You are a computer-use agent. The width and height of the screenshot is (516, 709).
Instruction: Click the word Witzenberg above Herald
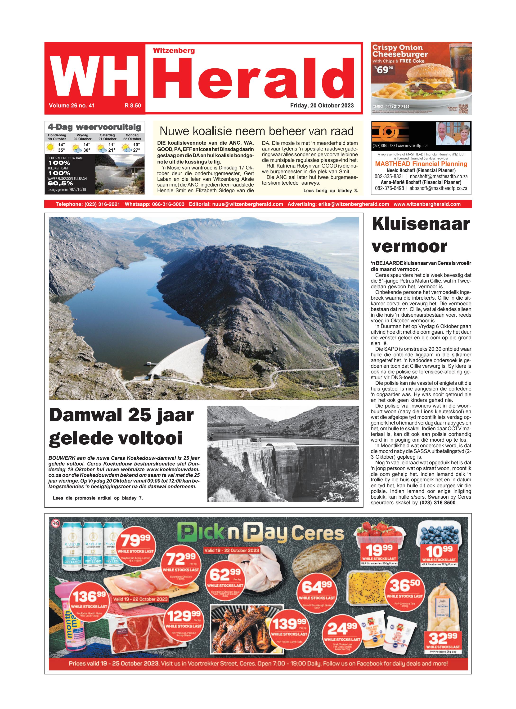[x=174, y=51]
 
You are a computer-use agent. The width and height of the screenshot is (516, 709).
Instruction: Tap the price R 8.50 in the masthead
[x=133, y=106]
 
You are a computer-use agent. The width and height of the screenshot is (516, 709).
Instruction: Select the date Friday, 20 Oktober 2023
[x=322, y=105]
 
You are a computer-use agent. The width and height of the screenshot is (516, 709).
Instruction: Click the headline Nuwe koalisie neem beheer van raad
[x=256, y=131]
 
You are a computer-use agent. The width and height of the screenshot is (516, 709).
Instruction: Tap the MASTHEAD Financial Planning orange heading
[x=421, y=164]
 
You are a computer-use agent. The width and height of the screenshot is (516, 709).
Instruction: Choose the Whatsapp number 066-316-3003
[x=154, y=204]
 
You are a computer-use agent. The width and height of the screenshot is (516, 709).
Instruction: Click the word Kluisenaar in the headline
[x=421, y=224]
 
